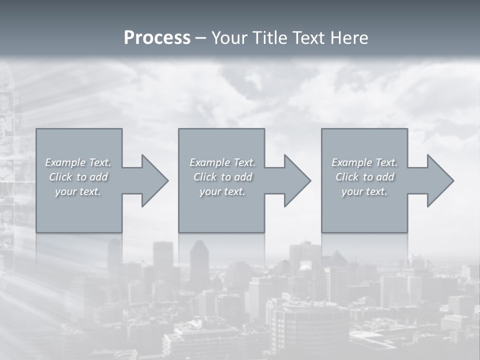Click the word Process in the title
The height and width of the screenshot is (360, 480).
point(157,38)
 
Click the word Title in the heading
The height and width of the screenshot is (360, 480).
point(269,38)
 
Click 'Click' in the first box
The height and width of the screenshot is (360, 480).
point(60,177)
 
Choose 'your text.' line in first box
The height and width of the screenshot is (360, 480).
point(78,191)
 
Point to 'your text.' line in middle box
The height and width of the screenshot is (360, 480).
point(222,191)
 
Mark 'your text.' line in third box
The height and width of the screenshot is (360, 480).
point(364,191)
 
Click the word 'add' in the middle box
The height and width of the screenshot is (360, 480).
point(243,177)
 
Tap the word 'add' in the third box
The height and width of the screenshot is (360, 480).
point(385,177)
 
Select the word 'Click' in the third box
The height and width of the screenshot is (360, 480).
point(347,177)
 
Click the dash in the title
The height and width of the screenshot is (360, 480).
point(200,38)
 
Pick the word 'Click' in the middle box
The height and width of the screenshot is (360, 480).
point(205,177)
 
